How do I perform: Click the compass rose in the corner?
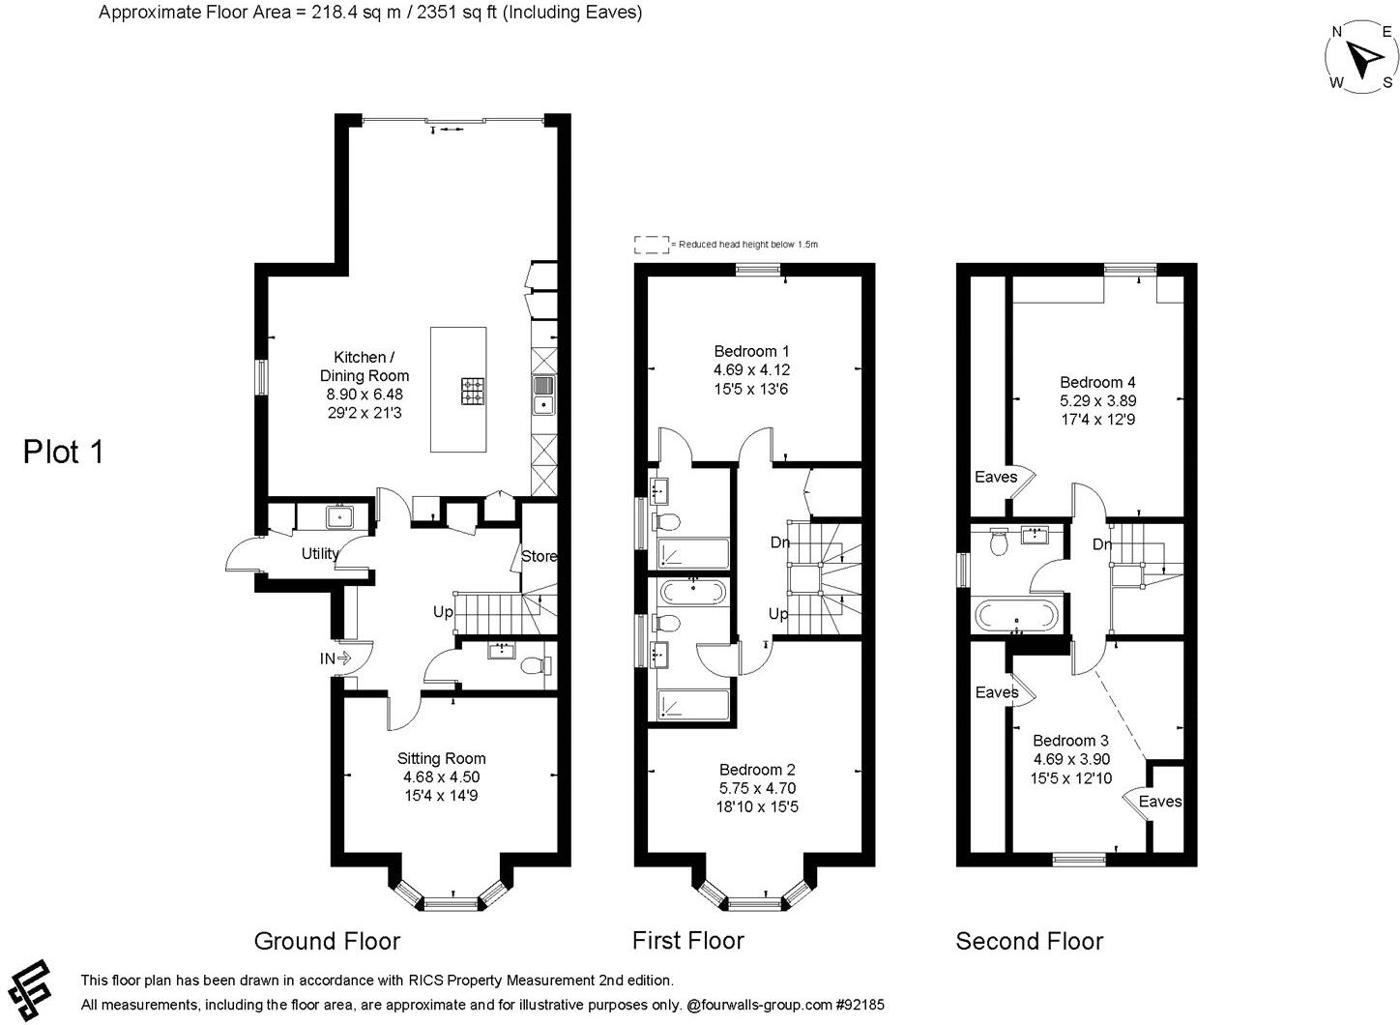point(1361,60)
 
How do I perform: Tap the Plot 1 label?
point(63,452)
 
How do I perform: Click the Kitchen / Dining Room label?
point(365,366)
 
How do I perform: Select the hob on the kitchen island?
point(473,390)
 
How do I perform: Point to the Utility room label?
point(320,554)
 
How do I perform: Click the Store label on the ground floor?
point(540,556)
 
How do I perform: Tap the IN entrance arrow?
point(335,659)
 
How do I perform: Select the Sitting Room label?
point(441,759)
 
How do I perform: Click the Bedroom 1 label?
point(751,351)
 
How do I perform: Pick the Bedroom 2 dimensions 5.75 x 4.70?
point(757,788)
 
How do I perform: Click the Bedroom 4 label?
point(1097,382)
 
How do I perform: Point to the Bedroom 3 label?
point(1071,741)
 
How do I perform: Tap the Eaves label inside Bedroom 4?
point(996,477)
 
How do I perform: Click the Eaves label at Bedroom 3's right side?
point(1159,801)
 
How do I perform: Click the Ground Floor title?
point(327,941)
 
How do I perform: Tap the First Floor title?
point(688,940)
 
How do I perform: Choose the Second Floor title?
point(1030,941)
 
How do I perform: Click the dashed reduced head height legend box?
point(651,245)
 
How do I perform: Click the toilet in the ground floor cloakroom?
point(535,665)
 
